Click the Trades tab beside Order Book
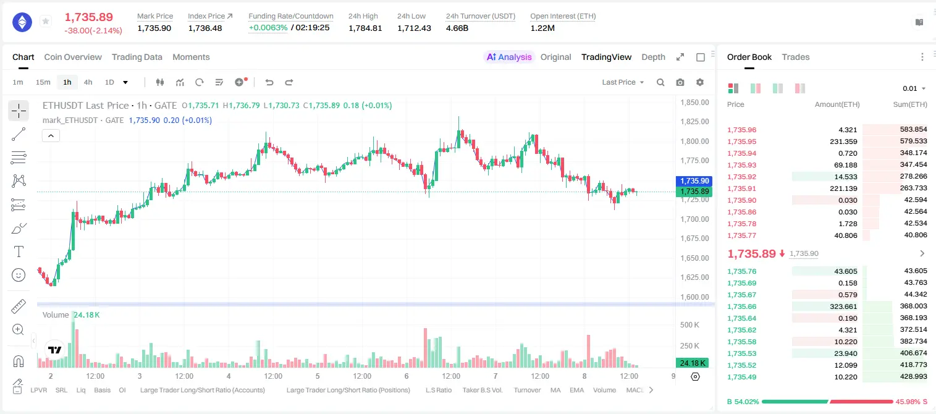796,57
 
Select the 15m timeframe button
43,82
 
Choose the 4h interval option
88,82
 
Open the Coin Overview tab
73,57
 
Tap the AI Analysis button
509,57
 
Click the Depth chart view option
653,57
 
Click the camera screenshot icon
680,82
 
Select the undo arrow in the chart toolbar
269,82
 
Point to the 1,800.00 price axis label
694,142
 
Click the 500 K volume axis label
689,324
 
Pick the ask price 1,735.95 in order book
742,142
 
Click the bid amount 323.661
843,306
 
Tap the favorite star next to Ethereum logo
46,21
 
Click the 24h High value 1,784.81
365,28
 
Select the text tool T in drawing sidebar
19,251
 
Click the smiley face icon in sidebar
19,275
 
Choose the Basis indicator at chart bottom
103,390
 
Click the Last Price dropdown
623,82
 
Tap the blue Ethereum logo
22,22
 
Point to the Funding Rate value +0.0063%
268,28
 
